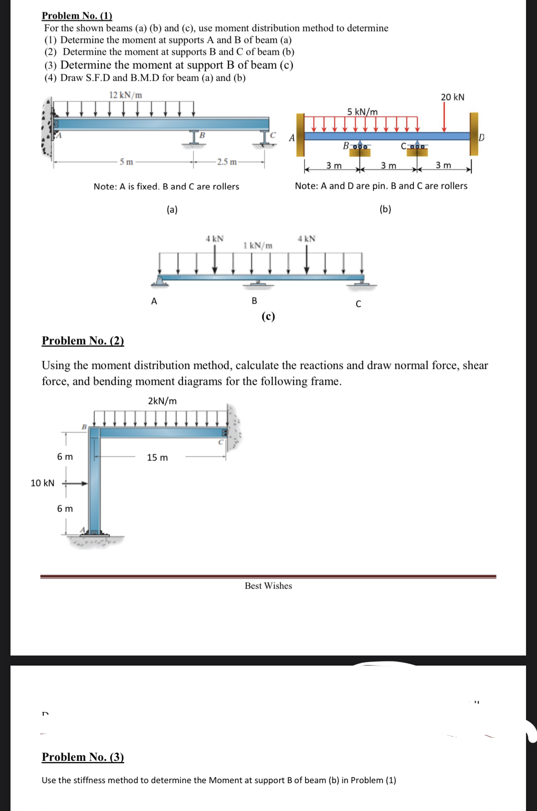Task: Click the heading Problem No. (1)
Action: pos(77,15)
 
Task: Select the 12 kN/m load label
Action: pos(125,95)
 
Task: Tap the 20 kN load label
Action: pos(452,97)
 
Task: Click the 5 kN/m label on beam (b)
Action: pos(362,112)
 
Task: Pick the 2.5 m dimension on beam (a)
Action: pos(227,162)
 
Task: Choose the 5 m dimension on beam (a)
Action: pos(126,162)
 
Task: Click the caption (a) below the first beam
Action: pos(172,210)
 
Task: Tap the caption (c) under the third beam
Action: pos(268,316)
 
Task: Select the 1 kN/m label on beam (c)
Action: pos(258,245)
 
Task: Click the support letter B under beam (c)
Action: pos(254,301)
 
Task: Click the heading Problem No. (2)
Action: pos(82,341)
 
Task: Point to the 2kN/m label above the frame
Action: pos(162,401)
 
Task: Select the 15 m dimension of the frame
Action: pos(157,457)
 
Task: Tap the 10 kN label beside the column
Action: pos(42,483)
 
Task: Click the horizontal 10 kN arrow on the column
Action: pos(76,483)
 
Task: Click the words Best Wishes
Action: pos(268,586)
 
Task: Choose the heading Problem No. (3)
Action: pos(82,757)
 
